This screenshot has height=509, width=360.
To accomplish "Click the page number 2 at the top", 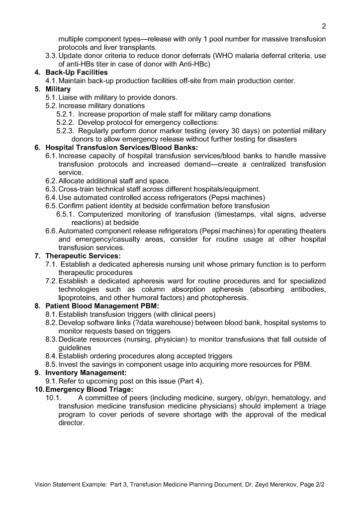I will pyautogui.click(x=324, y=26).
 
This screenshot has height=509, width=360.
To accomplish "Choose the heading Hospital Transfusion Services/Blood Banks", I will pyautogui.click(x=122, y=148).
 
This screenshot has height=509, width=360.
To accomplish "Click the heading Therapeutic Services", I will pyautogui.click(x=83, y=256).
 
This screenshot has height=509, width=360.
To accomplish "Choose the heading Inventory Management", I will pyautogui.click(x=86, y=373).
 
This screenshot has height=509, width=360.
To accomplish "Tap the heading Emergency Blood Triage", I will pyautogui.click(x=90, y=390).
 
